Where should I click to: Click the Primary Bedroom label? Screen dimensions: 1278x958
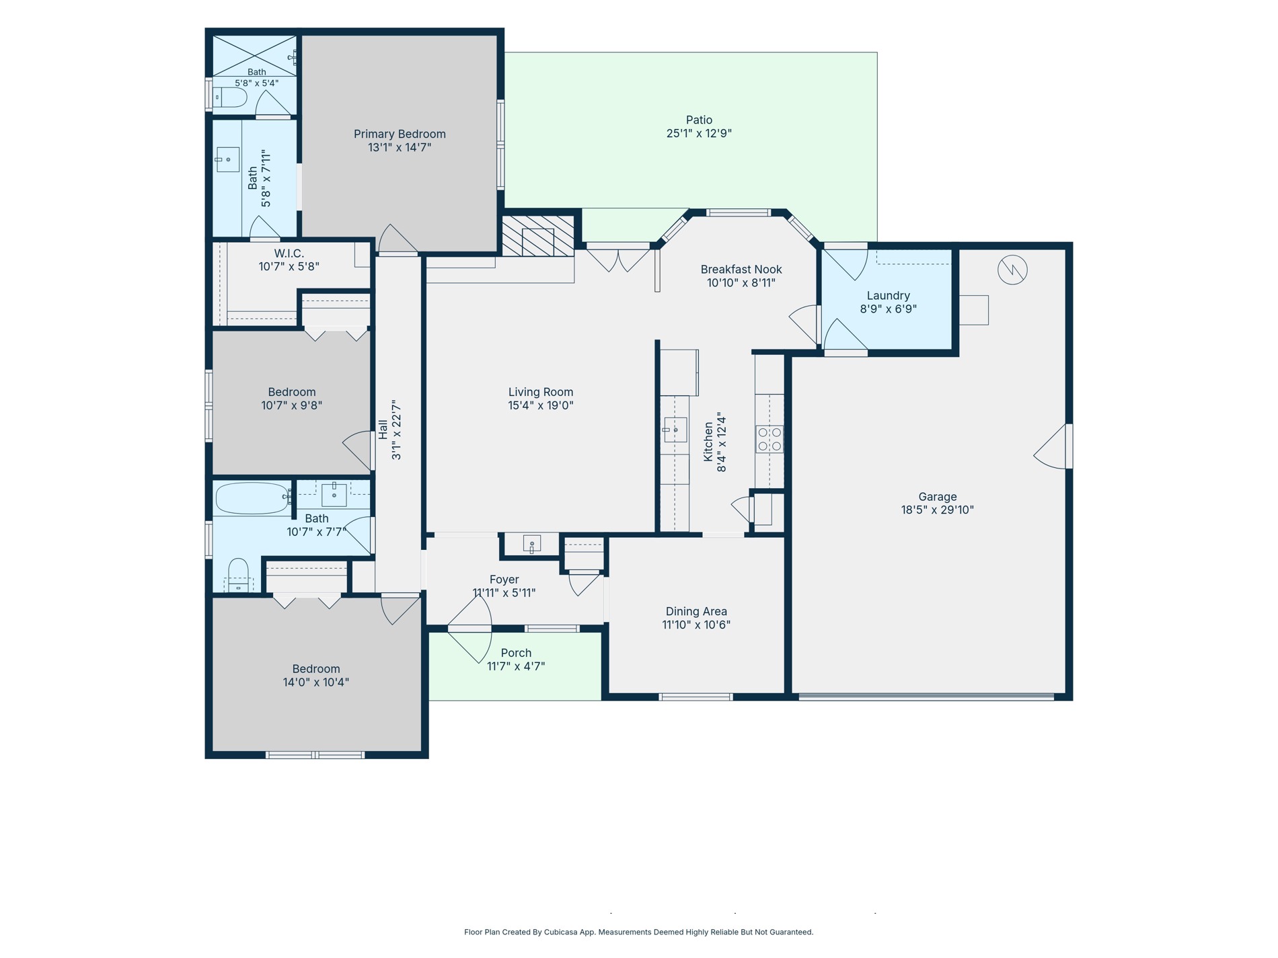pos(400,134)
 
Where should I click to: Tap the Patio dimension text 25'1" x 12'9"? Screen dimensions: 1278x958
pos(699,133)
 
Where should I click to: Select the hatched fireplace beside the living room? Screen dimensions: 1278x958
pos(538,236)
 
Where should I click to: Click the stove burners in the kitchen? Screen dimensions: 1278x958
pos(769,439)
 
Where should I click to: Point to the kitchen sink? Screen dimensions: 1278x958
pos(675,429)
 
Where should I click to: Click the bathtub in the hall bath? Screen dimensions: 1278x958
pos(252,499)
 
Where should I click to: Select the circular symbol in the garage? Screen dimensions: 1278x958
pos(1012,270)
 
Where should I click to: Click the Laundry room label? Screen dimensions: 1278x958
pos(888,296)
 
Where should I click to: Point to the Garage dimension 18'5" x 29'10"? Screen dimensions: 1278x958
pos(937,510)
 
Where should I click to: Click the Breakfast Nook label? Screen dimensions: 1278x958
pos(741,270)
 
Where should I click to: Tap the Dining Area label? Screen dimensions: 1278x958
pos(696,611)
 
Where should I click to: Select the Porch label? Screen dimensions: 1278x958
pos(516,653)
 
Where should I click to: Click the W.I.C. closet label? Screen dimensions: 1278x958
pos(289,253)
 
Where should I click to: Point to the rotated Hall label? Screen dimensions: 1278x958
pos(383,430)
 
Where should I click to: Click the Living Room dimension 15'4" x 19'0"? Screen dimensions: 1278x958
pos(541,405)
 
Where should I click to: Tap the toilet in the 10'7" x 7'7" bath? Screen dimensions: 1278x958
pos(238,575)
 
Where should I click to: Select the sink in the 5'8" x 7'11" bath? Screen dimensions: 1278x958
pos(227,160)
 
